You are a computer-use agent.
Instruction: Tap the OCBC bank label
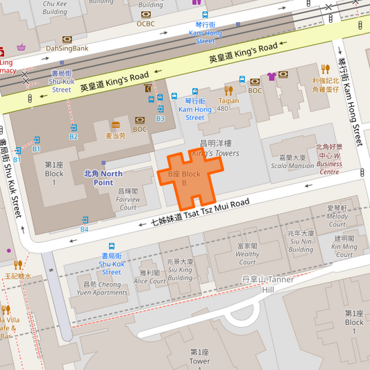tap(146, 23)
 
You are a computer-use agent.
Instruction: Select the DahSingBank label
tap(67, 48)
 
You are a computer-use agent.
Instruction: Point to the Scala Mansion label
tap(292, 161)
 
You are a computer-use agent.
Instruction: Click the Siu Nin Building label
tap(301, 241)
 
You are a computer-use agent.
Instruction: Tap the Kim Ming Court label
tap(344, 242)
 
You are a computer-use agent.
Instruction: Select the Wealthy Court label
tap(248, 254)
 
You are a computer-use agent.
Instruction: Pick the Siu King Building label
tap(180, 270)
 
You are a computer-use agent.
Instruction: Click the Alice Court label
tap(149, 277)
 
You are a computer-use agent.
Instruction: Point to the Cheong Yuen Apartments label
tap(101, 288)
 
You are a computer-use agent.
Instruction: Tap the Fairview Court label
tap(128, 199)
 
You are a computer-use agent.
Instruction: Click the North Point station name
tap(103, 178)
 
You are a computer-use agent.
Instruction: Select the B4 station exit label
tap(84, 228)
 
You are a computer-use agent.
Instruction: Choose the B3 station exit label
tap(160, 119)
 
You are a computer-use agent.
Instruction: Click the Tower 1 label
tap(199, 357)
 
